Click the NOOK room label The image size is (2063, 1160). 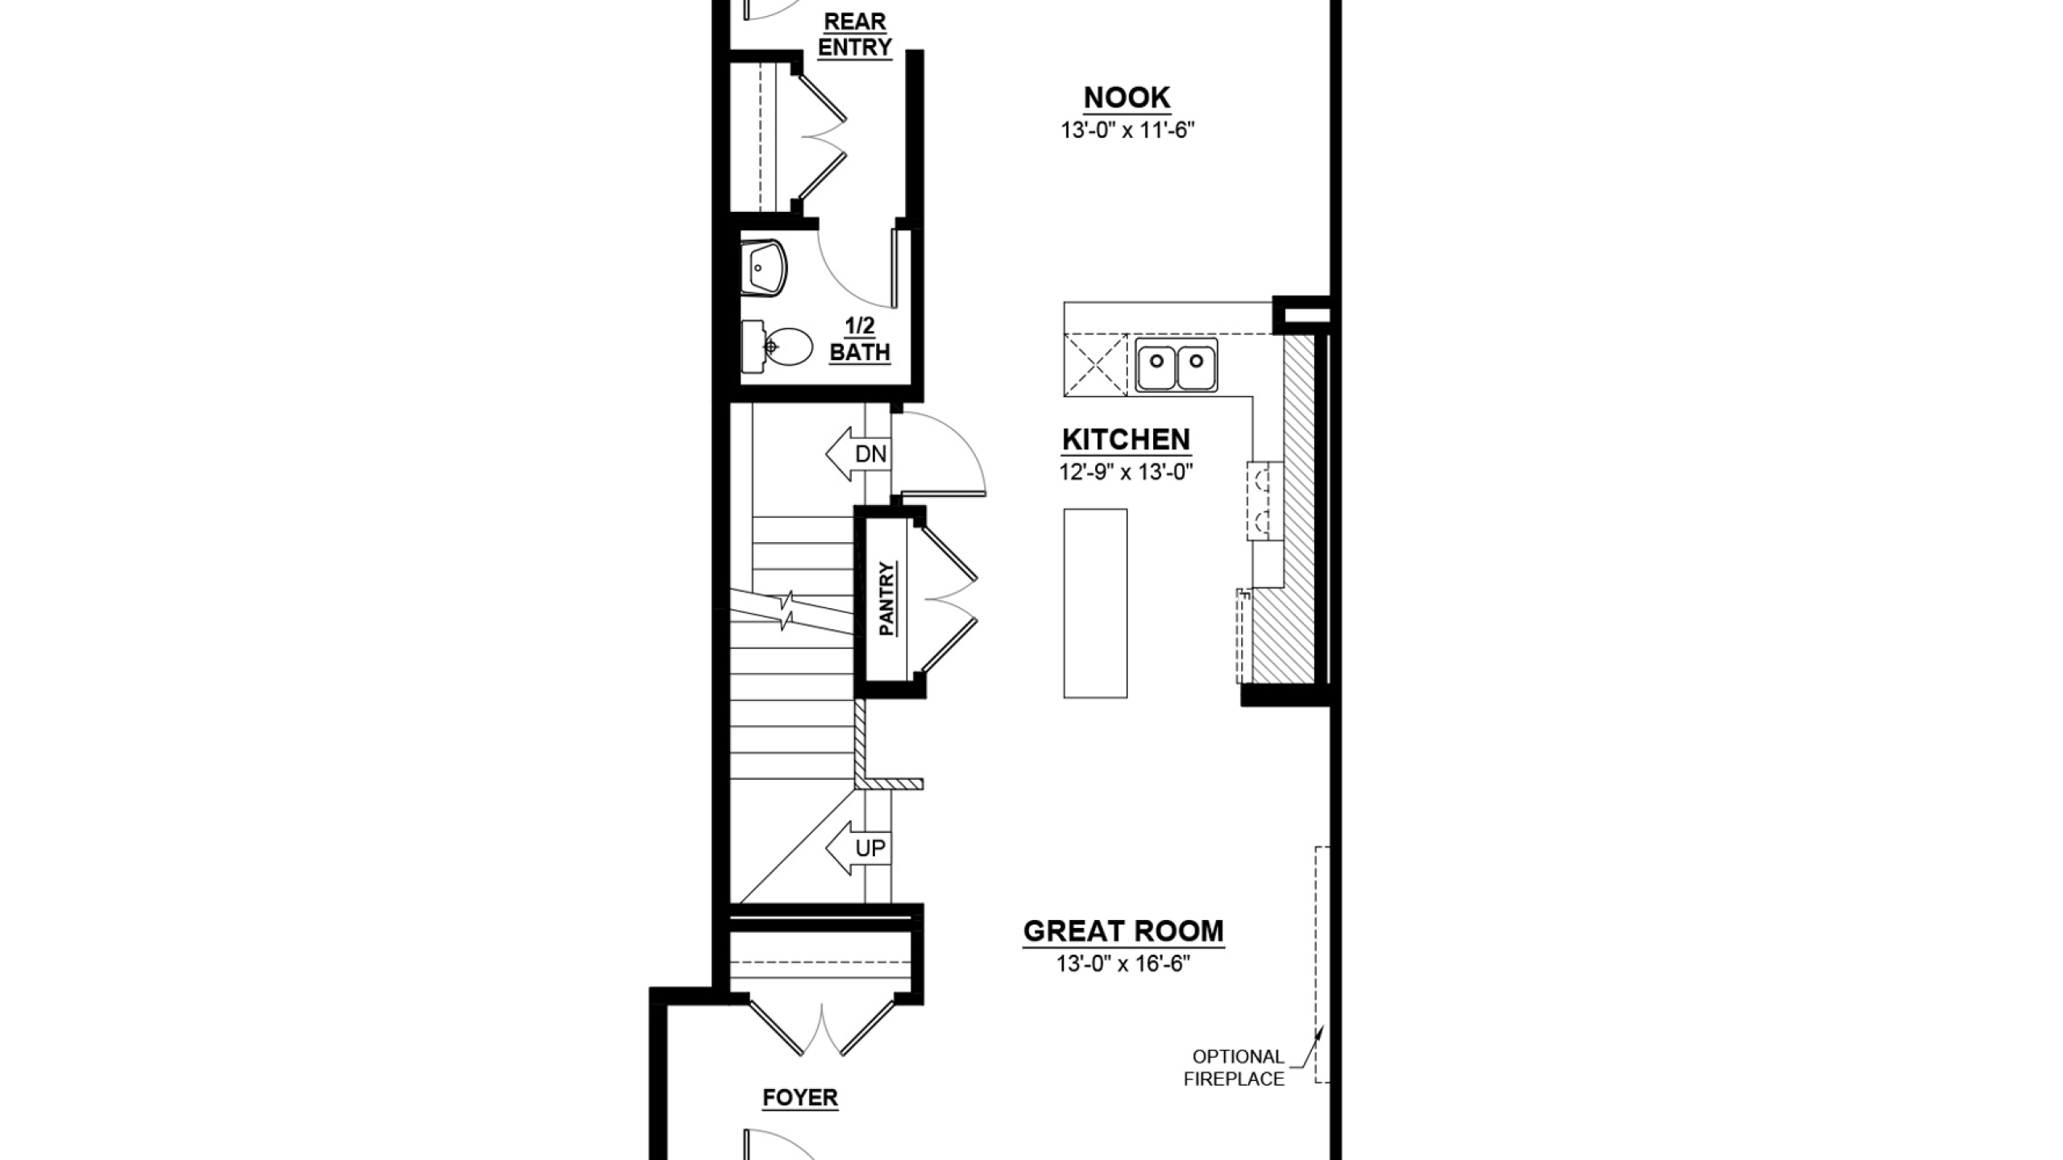1127,97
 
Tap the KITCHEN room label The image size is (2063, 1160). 1126,440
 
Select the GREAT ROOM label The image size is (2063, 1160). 1123,931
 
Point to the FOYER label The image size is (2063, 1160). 800,1098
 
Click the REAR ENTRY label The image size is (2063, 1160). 855,35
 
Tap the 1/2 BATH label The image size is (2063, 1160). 860,339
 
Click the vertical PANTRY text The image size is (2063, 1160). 886,599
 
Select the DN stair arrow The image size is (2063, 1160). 857,454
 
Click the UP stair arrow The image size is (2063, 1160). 858,848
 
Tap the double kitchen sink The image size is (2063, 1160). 1177,365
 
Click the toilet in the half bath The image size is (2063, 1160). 777,347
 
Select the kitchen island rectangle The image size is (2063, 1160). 1095,603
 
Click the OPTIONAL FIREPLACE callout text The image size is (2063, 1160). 1235,1068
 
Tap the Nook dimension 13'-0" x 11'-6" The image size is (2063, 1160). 1127,130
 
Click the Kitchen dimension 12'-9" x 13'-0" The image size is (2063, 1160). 1126,472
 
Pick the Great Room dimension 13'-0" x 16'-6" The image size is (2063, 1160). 1123,963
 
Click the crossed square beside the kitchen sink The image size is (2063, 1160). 1096,365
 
